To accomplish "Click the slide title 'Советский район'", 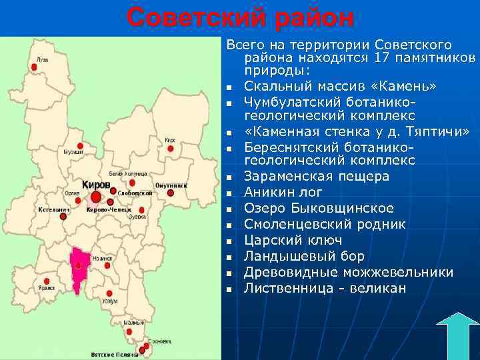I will click(x=241, y=18).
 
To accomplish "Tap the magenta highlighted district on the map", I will click(x=80, y=268).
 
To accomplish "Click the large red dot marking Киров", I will click(x=96, y=197).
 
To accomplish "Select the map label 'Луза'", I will click(x=43, y=59).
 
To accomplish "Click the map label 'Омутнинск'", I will click(x=171, y=185).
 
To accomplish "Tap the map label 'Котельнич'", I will click(x=53, y=209).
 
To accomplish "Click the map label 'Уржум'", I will click(x=110, y=301).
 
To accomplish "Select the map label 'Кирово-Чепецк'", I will click(x=104, y=209).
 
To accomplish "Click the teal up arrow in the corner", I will click(x=457, y=337).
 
